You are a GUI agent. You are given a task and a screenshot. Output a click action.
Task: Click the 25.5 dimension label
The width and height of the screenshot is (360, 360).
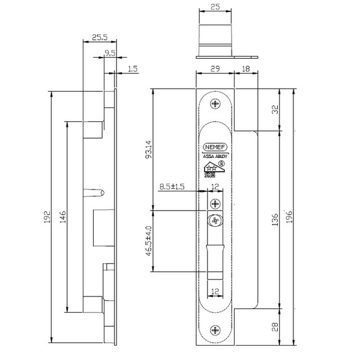click(x=100, y=36)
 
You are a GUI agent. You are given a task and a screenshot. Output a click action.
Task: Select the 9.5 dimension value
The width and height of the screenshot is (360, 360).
click(x=110, y=53)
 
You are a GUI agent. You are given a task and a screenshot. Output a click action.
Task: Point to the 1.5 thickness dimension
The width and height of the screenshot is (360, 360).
click(x=133, y=70)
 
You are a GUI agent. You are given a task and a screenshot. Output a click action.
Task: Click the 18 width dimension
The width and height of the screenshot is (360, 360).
click(x=247, y=70)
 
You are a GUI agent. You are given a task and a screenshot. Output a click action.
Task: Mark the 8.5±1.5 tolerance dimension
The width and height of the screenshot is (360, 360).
click(x=172, y=187)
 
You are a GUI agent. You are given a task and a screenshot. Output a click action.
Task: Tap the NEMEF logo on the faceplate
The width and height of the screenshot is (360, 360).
click(x=215, y=146)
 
